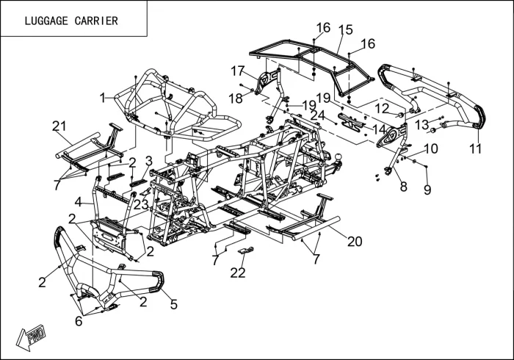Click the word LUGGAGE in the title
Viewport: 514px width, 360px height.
(46, 21)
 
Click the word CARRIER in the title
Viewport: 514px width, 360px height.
(96, 21)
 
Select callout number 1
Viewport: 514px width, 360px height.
(103, 98)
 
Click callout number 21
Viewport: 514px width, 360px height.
(59, 126)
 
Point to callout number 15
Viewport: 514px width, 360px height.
(346, 29)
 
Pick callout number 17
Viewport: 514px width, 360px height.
(238, 71)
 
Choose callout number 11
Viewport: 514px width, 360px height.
(475, 149)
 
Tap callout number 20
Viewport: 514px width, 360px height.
(355, 242)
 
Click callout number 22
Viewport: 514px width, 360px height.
(238, 273)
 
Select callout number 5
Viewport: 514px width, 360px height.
(174, 305)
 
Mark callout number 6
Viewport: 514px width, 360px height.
(79, 321)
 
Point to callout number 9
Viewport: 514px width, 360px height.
(427, 190)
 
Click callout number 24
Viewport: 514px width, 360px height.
(317, 115)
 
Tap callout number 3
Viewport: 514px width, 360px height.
(149, 161)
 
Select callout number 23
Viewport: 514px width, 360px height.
(141, 205)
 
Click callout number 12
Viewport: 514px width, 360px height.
(382, 109)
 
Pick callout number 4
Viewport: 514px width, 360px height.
(79, 202)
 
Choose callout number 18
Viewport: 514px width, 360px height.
(236, 98)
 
